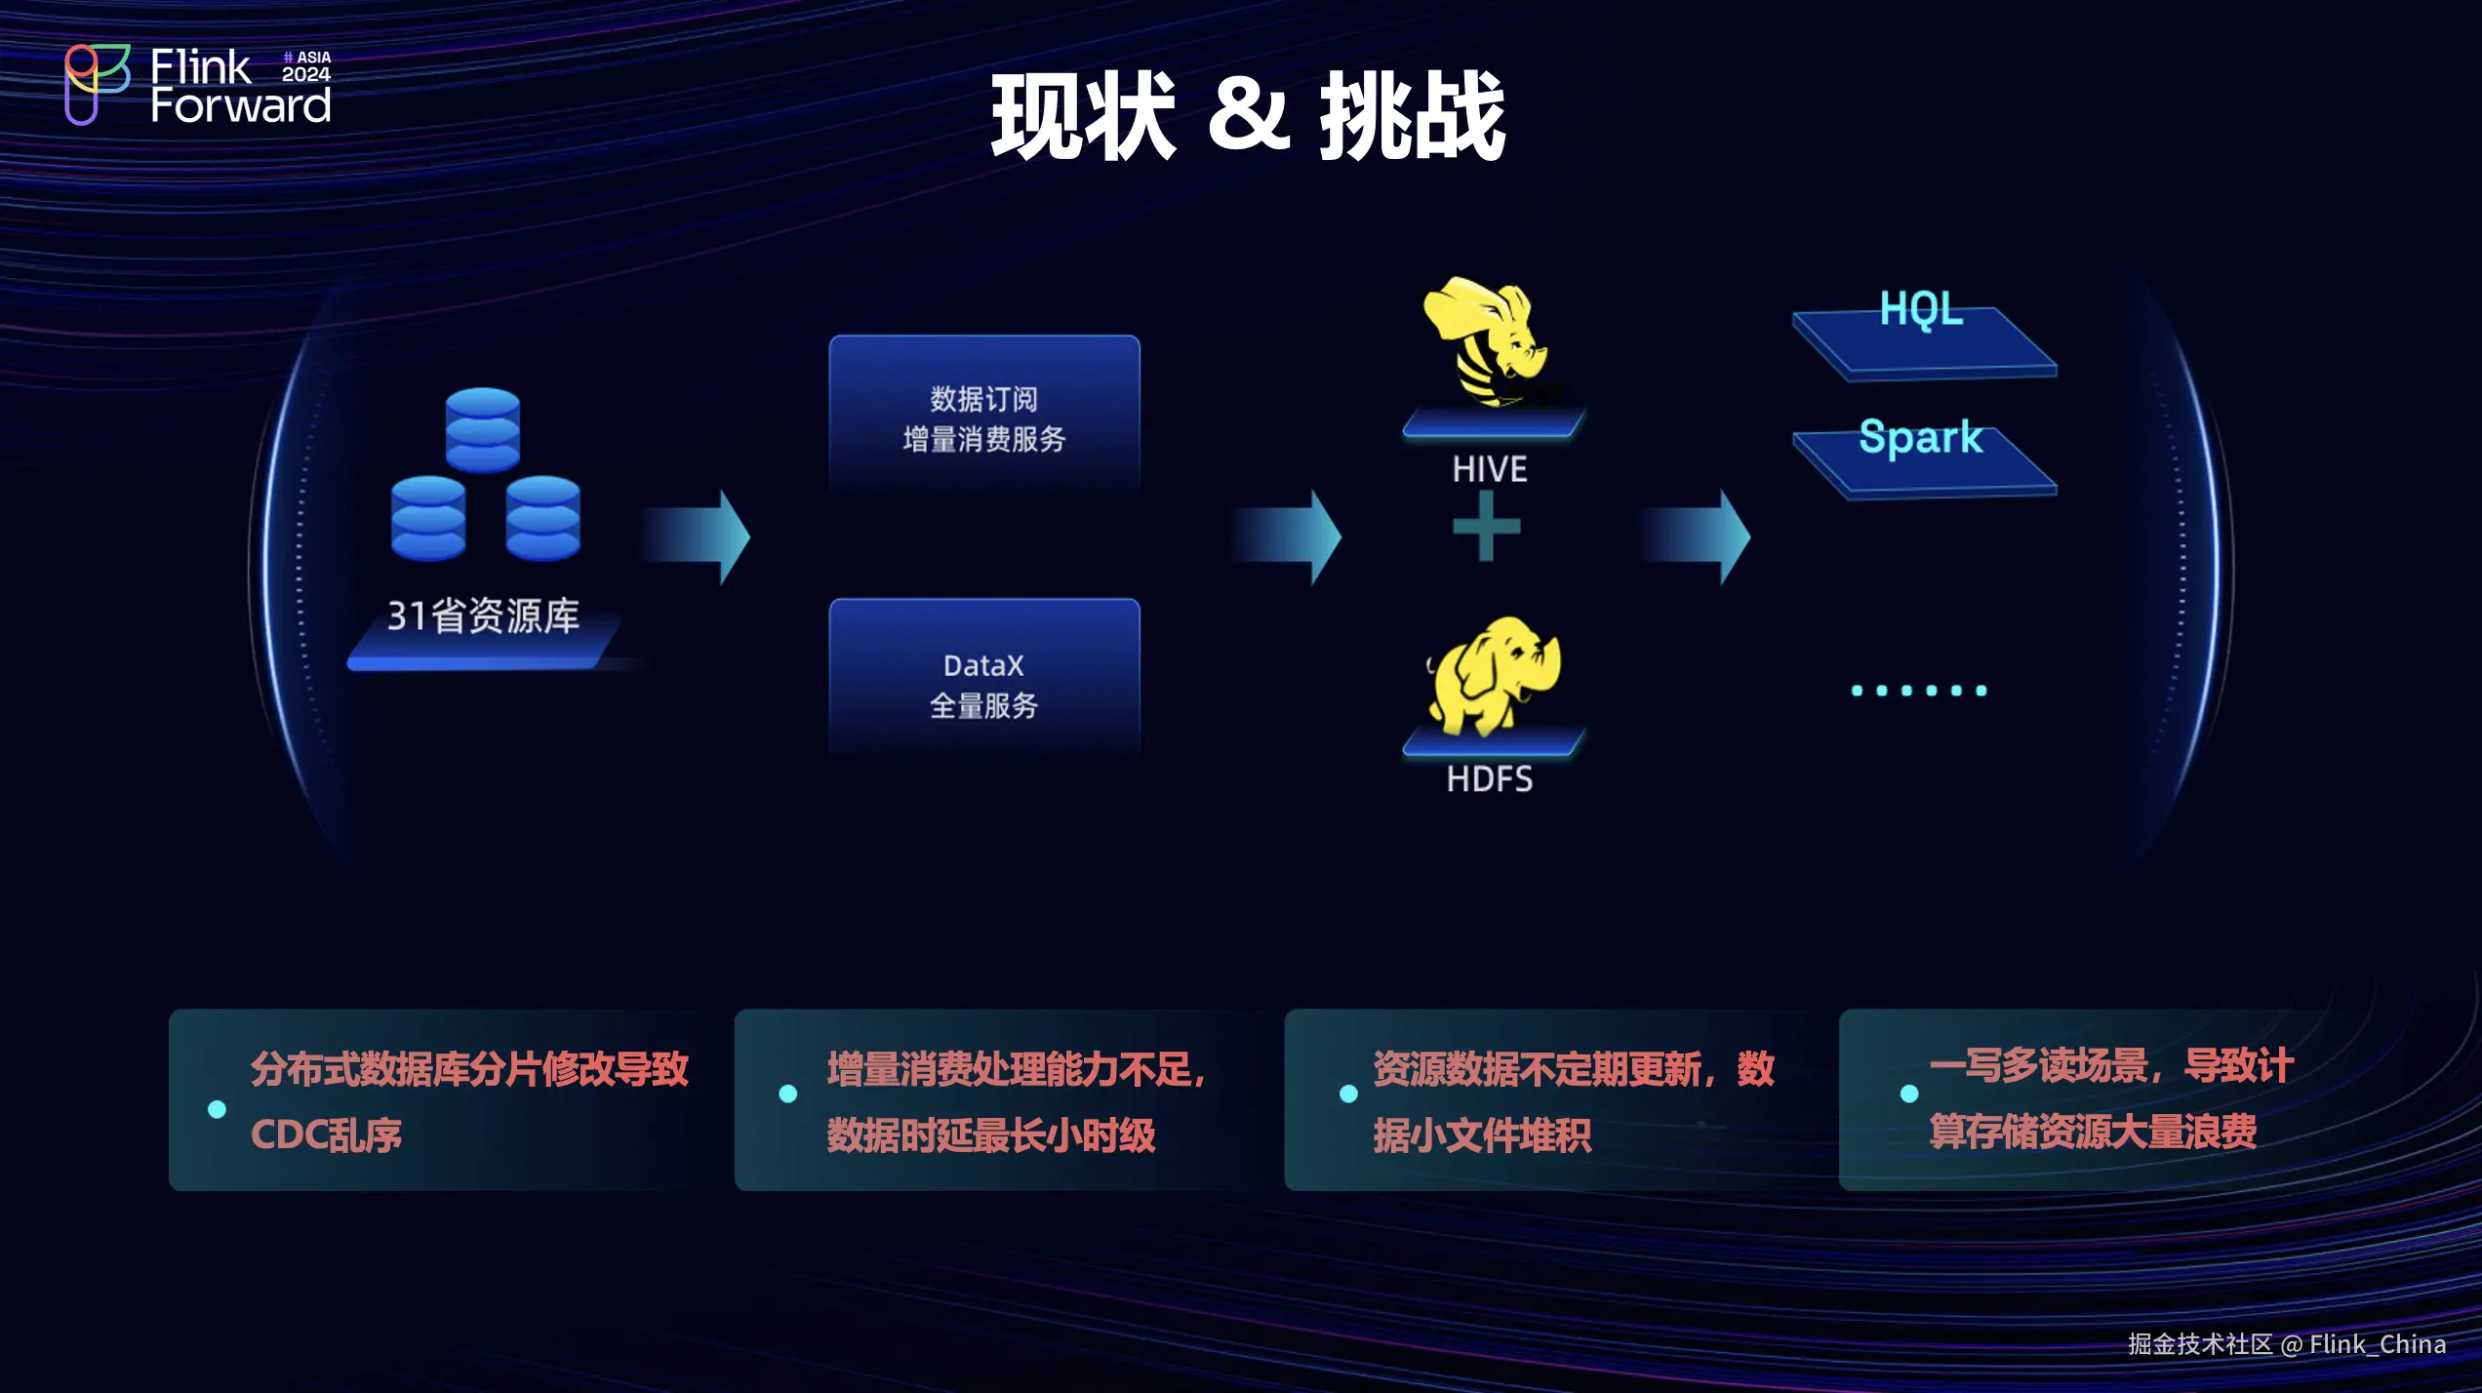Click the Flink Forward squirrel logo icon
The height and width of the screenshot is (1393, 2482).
(x=96, y=84)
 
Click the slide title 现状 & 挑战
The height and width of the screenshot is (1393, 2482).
(x=1248, y=117)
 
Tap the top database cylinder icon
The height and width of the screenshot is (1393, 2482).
(x=482, y=429)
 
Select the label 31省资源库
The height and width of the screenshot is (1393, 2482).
(x=483, y=616)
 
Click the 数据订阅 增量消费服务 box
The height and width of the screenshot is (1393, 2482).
(x=983, y=418)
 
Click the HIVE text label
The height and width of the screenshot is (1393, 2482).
(x=1489, y=469)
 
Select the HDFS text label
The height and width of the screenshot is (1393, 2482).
(x=1489, y=779)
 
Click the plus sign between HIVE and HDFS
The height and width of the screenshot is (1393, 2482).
(x=1486, y=527)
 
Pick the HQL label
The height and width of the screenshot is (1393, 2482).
(x=1920, y=309)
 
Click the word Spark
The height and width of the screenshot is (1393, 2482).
(x=1920, y=437)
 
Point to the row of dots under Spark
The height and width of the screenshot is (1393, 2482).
(x=1918, y=691)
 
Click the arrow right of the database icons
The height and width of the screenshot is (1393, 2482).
(x=699, y=537)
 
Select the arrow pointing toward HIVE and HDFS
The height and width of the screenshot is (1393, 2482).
(x=1288, y=537)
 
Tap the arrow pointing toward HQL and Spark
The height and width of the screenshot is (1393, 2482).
(x=1698, y=537)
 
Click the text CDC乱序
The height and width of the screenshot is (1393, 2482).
(x=326, y=1134)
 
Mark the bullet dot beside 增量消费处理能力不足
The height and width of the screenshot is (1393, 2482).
(x=788, y=1094)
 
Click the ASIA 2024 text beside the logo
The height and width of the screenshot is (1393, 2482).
(x=306, y=66)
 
